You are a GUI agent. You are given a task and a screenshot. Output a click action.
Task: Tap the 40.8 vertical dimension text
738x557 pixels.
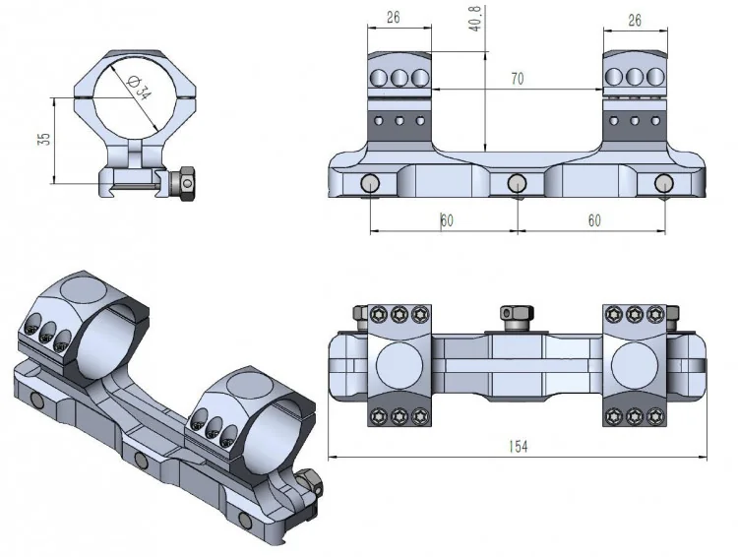(x=477, y=20)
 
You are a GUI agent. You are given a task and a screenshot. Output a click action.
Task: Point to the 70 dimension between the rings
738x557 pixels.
(x=517, y=80)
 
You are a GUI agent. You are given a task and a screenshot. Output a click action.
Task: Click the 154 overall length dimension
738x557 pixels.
(x=519, y=447)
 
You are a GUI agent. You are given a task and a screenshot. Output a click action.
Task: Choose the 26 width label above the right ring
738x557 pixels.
(x=636, y=19)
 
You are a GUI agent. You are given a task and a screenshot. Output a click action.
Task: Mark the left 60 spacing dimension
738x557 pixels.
(x=446, y=220)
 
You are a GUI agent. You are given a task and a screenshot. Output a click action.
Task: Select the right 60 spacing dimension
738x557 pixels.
(x=593, y=220)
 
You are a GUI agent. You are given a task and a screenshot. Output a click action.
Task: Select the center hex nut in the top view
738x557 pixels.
(x=517, y=314)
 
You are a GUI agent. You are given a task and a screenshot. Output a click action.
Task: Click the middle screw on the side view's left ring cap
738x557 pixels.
(x=400, y=76)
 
